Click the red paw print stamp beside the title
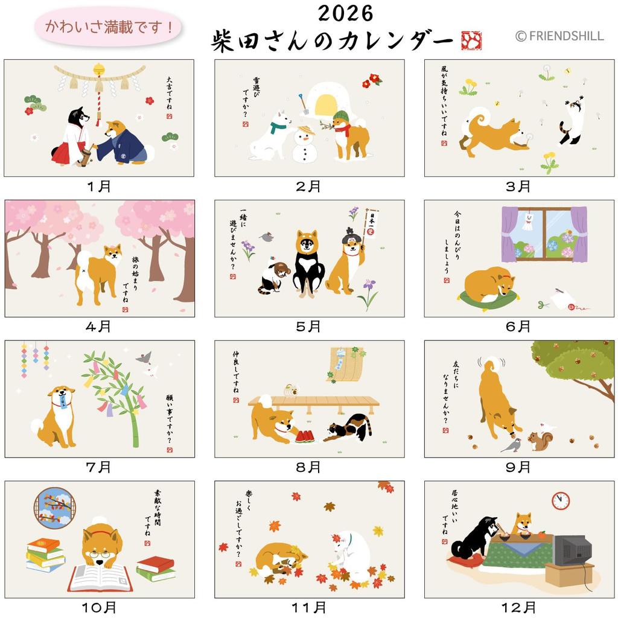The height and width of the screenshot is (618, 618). click(x=471, y=40)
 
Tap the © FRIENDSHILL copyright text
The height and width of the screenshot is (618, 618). click(x=559, y=36)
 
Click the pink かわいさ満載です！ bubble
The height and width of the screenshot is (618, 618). click(x=109, y=27)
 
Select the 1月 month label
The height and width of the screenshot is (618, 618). click(x=99, y=186)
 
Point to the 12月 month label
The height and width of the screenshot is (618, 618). click(x=518, y=607)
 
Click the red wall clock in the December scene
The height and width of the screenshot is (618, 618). click(x=561, y=500)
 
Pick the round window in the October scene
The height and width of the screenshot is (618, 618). click(x=54, y=508)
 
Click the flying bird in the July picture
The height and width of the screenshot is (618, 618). click(x=145, y=360)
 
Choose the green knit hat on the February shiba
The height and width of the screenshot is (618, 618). click(x=340, y=116)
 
